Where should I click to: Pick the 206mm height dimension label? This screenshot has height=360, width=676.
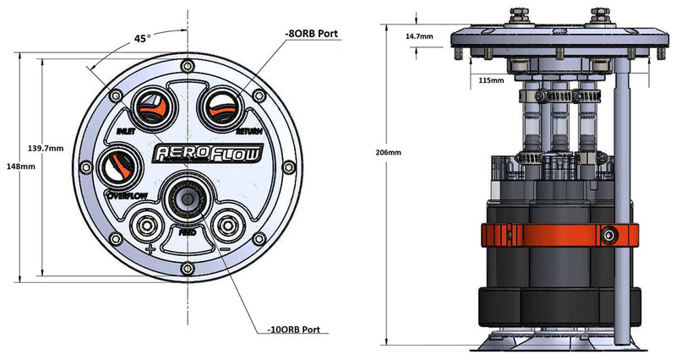click(x=390, y=153)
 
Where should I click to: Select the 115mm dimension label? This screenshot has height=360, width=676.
click(x=491, y=80)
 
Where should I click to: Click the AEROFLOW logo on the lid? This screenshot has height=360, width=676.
click(x=207, y=153)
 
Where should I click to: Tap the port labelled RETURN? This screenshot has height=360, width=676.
click(x=221, y=107)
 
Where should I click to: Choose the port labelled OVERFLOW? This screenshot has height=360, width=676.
click(x=119, y=166)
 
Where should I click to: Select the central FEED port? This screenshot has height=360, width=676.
click(x=187, y=199)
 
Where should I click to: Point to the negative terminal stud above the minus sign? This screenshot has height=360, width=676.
click(x=224, y=226)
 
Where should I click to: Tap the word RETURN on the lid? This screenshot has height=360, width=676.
click(x=248, y=132)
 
